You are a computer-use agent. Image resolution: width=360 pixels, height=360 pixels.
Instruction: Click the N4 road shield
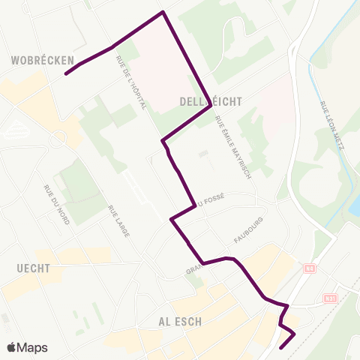pyautogui.click(x=309, y=268)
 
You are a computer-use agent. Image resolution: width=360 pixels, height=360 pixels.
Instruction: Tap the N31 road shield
pyautogui.click(x=331, y=298)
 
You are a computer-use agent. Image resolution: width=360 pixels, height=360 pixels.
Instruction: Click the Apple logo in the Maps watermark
pyautogui.click(x=12, y=347)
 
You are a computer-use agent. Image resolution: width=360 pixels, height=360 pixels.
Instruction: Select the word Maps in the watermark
pyautogui.click(x=33, y=347)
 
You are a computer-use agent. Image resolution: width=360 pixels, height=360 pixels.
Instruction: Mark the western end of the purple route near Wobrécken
pyautogui.click(x=66, y=73)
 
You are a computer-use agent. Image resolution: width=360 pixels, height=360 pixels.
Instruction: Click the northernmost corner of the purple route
pyautogui.click(x=163, y=12)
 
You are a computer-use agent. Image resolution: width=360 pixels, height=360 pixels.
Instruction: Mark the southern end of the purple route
pyautogui.click(x=280, y=348)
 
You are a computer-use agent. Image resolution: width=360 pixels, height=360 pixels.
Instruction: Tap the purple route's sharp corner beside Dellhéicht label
pyautogui.click(x=209, y=105)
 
